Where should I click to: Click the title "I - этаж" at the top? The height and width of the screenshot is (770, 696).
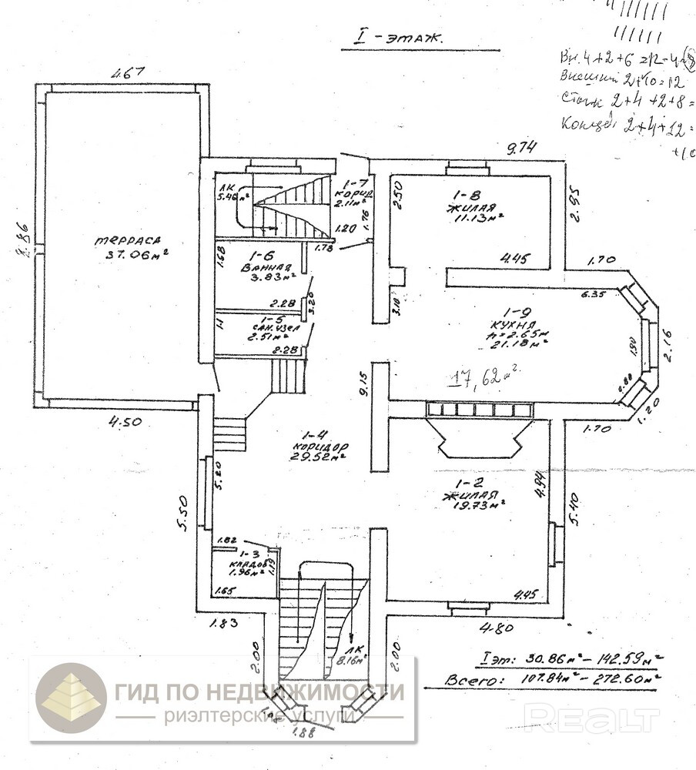pos(393,36)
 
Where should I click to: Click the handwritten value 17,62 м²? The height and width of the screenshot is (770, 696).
pos(484,377)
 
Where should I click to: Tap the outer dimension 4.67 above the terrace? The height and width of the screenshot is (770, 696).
pos(128,75)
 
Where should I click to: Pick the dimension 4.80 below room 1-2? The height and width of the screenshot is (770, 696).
pos(497,628)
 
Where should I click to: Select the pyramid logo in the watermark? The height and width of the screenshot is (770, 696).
pos(72,696)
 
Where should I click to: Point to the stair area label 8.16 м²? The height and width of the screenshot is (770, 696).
pos(355,658)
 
